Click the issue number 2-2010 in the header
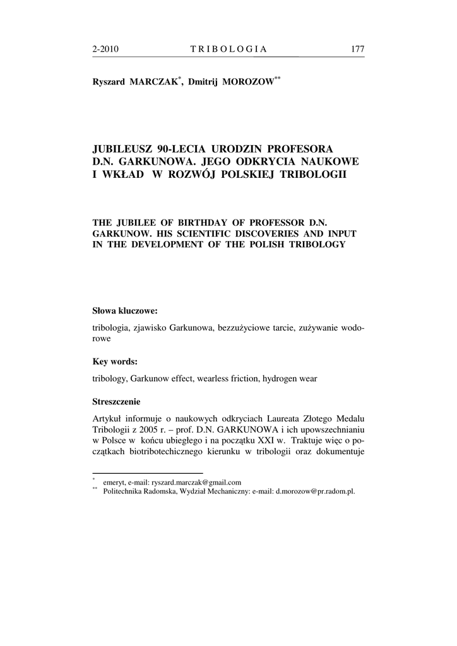click(106, 49)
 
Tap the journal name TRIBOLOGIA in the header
click(228, 49)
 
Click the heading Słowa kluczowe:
click(124, 311)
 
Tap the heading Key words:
click(115, 361)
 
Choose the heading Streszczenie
click(117, 401)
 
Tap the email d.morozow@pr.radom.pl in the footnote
click(316, 491)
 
